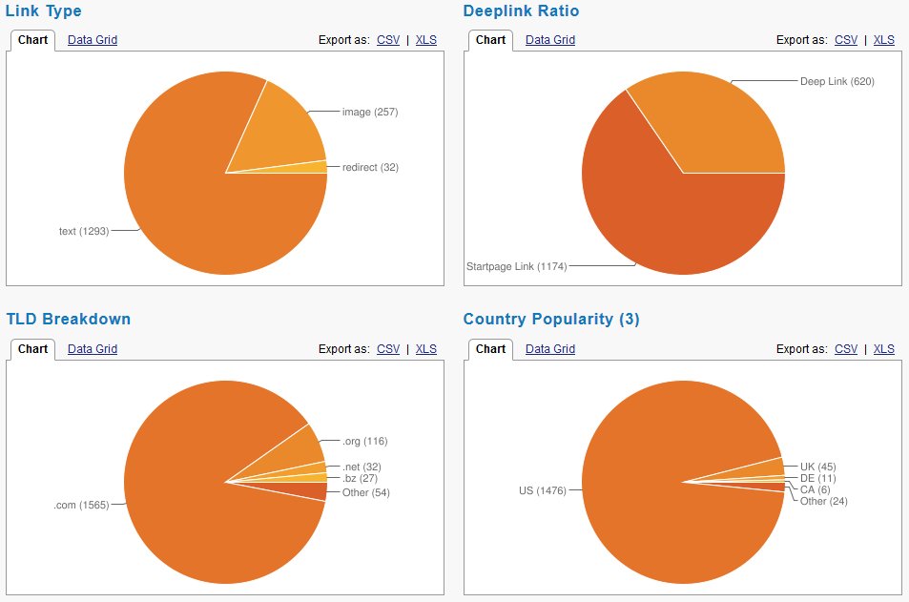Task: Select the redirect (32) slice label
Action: (370, 167)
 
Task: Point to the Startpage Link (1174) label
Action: (516, 266)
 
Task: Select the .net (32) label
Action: (362, 467)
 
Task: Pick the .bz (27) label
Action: (361, 478)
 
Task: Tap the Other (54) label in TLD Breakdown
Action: (365, 492)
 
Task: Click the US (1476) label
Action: (543, 490)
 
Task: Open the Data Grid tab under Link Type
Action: (93, 40)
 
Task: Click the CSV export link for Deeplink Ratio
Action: (846, 40)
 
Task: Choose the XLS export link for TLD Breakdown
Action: (426, 349)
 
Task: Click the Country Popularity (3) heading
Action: (551, 320)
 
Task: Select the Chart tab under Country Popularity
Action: (490, 349)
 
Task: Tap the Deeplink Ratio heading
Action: (521, 11)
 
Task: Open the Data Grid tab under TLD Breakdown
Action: (93, 349)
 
